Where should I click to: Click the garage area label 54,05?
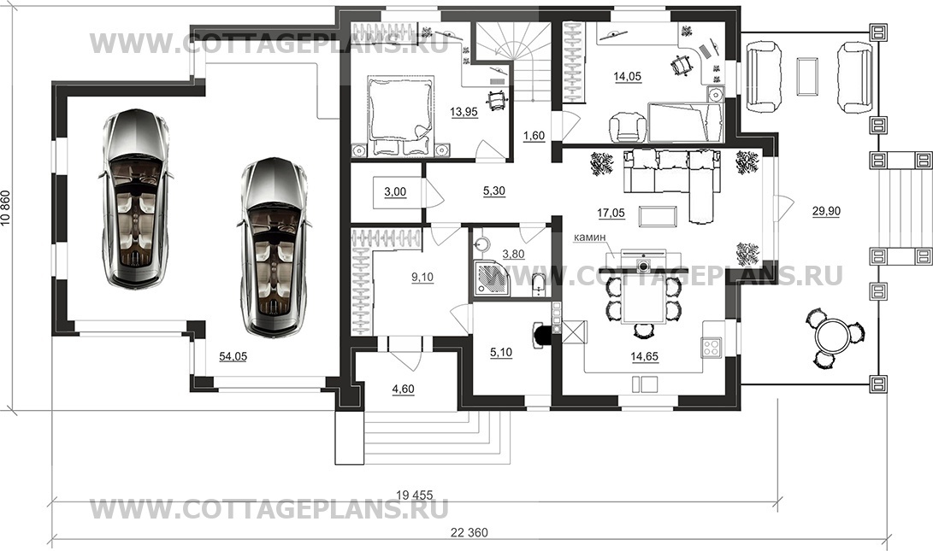click(x=233, y=356)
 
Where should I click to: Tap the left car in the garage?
click(x=135, y=198)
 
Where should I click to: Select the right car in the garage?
click(x=274, y=247)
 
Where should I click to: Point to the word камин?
click(x=590, y=237)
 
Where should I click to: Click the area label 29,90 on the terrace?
click(x=826, y=210)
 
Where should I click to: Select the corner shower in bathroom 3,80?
click(x=491, y=278)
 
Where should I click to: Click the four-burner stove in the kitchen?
click(x=712, y=347)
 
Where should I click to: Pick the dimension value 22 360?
click(x=469, y=532)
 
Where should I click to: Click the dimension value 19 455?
click(x=414, y=495)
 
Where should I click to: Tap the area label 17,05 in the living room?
click(x=611, y=213)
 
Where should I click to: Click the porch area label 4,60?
click(x=403, y=390)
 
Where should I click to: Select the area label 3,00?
click(x=395, y=191)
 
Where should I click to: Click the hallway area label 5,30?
click(x=494, y=191)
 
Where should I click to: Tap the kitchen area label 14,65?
click(x=645, y=356)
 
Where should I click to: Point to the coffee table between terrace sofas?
click(x=806, y=75)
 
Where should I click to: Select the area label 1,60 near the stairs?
click(x=534, y=136)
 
